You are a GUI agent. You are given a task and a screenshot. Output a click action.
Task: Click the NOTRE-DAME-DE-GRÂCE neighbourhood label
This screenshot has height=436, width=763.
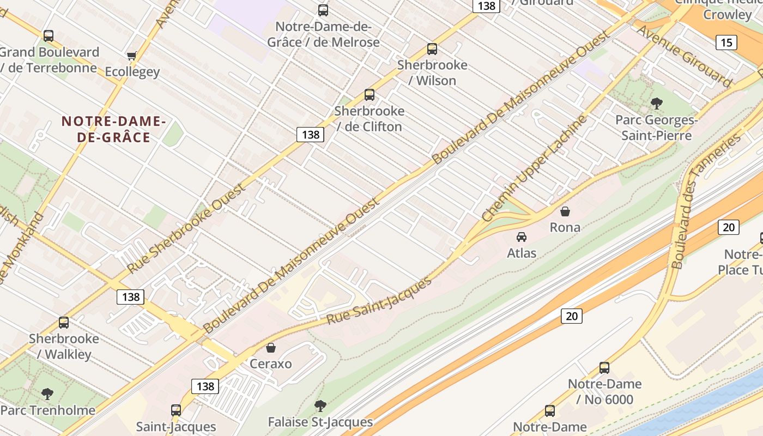tap(113, 129)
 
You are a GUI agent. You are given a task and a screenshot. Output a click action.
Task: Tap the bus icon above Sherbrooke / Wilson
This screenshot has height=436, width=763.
tap(432, 49)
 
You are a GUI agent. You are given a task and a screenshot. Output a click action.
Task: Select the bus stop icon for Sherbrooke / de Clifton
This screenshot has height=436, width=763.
tap(370, 95)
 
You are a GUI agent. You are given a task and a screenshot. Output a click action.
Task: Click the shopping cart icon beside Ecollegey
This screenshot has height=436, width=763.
tap(131, 56)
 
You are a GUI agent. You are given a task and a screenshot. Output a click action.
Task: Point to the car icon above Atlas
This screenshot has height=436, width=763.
tap(522, 237)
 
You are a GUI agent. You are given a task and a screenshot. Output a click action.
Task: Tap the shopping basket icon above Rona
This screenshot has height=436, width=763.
tap(565, 211)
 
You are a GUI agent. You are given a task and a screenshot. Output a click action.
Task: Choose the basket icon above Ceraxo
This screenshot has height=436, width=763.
tap(271, 348)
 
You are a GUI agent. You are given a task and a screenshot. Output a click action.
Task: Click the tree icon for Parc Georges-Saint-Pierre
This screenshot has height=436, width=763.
tap(657, 103)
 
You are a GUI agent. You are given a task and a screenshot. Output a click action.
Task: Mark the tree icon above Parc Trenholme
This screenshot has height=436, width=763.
tap(48, 393)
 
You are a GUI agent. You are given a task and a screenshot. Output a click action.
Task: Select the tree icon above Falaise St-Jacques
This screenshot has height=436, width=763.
tap(320, 405)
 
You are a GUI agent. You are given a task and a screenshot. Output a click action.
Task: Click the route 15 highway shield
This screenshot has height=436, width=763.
tap(727, 42)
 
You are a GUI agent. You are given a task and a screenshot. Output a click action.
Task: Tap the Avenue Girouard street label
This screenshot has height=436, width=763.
tap(685, 56)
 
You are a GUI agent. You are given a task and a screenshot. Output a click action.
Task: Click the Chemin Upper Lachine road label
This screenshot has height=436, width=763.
tap(535, 168)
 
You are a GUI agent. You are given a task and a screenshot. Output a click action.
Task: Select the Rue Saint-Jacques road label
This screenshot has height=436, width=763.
tap(379, 300)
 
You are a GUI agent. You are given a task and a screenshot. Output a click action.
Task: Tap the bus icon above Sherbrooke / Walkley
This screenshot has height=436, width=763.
tap(64, 323)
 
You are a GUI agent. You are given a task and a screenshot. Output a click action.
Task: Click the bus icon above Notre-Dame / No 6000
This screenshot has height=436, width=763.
tap(604, 368)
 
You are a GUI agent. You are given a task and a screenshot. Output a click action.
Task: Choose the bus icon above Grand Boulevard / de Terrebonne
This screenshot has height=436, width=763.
tap(49, 36)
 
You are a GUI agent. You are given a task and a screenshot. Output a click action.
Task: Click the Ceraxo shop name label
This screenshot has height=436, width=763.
tap(271, 364)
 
